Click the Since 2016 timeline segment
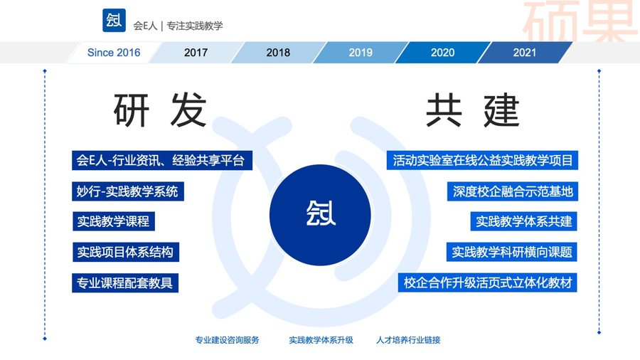[114, 53]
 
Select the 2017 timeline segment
[196, 53]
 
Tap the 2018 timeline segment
[278, 53]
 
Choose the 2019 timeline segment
[361, 53]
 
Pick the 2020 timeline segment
[443, 53]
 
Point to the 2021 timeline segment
[525, 53]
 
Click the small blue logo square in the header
[114, 20]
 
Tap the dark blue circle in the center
[321, 215]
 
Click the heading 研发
[160, 110]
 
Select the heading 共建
[473, 110]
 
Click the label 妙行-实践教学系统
[128, 191]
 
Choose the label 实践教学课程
[114, 221]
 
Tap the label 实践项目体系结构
[125, 253]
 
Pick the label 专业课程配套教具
[125, 283]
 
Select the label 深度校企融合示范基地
[513, 191]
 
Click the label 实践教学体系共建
[523, 221]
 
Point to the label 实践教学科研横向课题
[512, 253]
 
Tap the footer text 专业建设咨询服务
[227, 340]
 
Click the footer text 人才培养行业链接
[409, 340]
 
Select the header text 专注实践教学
[195, 26]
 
